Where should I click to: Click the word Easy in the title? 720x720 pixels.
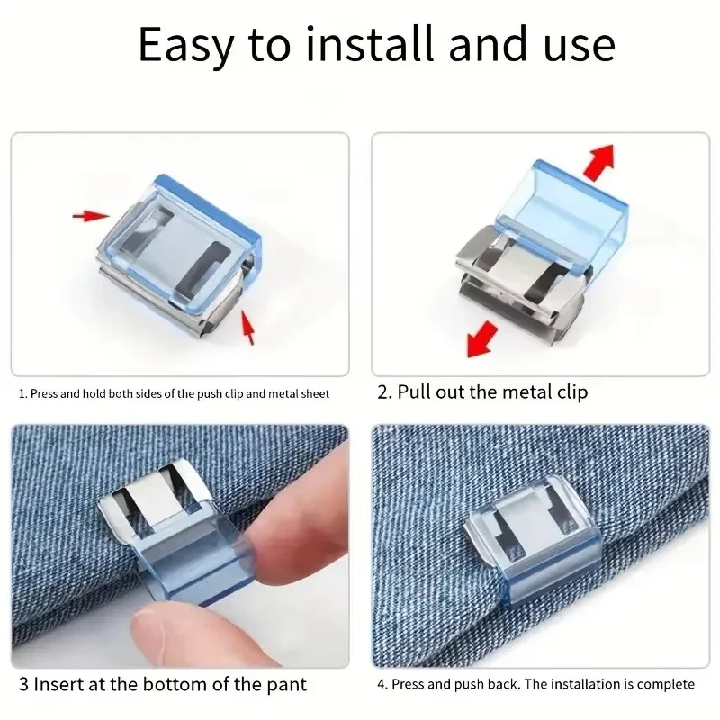(x=186, y=46)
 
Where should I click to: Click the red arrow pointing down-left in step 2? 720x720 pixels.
(x=482, y=339)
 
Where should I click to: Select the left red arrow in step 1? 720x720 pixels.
(x=91, y=215)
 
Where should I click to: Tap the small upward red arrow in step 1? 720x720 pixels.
(x=248, y=327)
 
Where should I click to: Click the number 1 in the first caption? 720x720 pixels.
(x=22, y=394)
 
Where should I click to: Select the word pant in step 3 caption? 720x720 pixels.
(x=287, y=685)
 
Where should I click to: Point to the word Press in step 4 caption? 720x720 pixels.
(x=408, y=684)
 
